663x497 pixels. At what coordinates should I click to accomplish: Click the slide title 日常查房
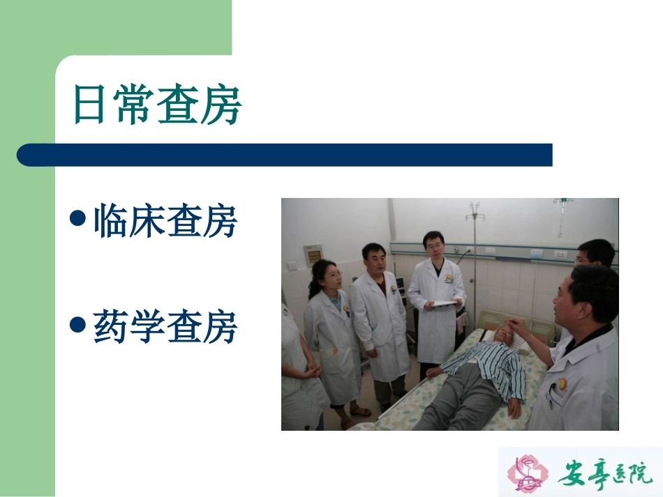coord(157,106)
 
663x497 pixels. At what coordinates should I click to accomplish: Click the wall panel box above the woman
coord(313,254)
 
